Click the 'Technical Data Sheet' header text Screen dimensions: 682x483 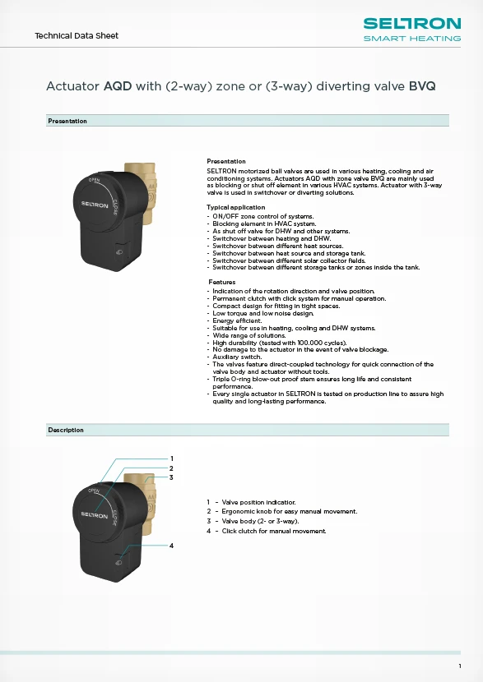click(x=76, y=35)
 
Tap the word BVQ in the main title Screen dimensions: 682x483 click(x=422, y=85)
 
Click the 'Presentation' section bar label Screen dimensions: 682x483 click(x=67, y=121)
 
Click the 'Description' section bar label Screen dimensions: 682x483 click(x=66, y=430)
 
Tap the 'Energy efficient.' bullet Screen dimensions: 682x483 click(x=237, y=320)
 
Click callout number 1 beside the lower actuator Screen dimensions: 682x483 click(x=171, y=459)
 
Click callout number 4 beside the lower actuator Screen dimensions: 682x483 click(x=171, y=546)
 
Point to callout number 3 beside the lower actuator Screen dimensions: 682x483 click(x=171, y=477)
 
